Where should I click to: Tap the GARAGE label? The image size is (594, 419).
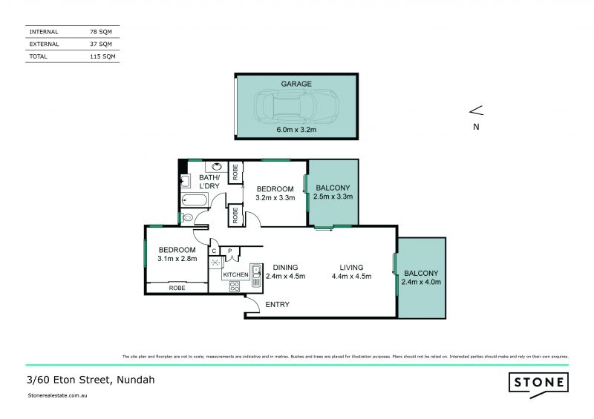[x=296, y=84]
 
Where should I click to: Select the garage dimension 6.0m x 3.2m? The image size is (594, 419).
[x=296, y=130]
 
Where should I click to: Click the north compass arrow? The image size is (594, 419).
[x=476, y=111]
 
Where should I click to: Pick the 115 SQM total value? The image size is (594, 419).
[x=102, y=56]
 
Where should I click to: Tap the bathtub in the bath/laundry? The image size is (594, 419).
[x=196, y=200]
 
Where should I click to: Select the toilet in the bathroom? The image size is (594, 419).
[x=187, y=217]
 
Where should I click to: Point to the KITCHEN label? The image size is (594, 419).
[x=236, y=275]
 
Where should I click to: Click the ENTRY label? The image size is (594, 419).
[x=277, y=305]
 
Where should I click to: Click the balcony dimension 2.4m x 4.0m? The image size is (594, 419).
[x=422, y=282]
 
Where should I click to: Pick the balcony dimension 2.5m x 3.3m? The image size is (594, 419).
[x=333, y=197]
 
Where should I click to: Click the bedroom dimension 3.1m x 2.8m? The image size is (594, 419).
[x=177, y=259]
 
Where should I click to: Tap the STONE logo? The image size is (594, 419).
[x=538, y=383]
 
